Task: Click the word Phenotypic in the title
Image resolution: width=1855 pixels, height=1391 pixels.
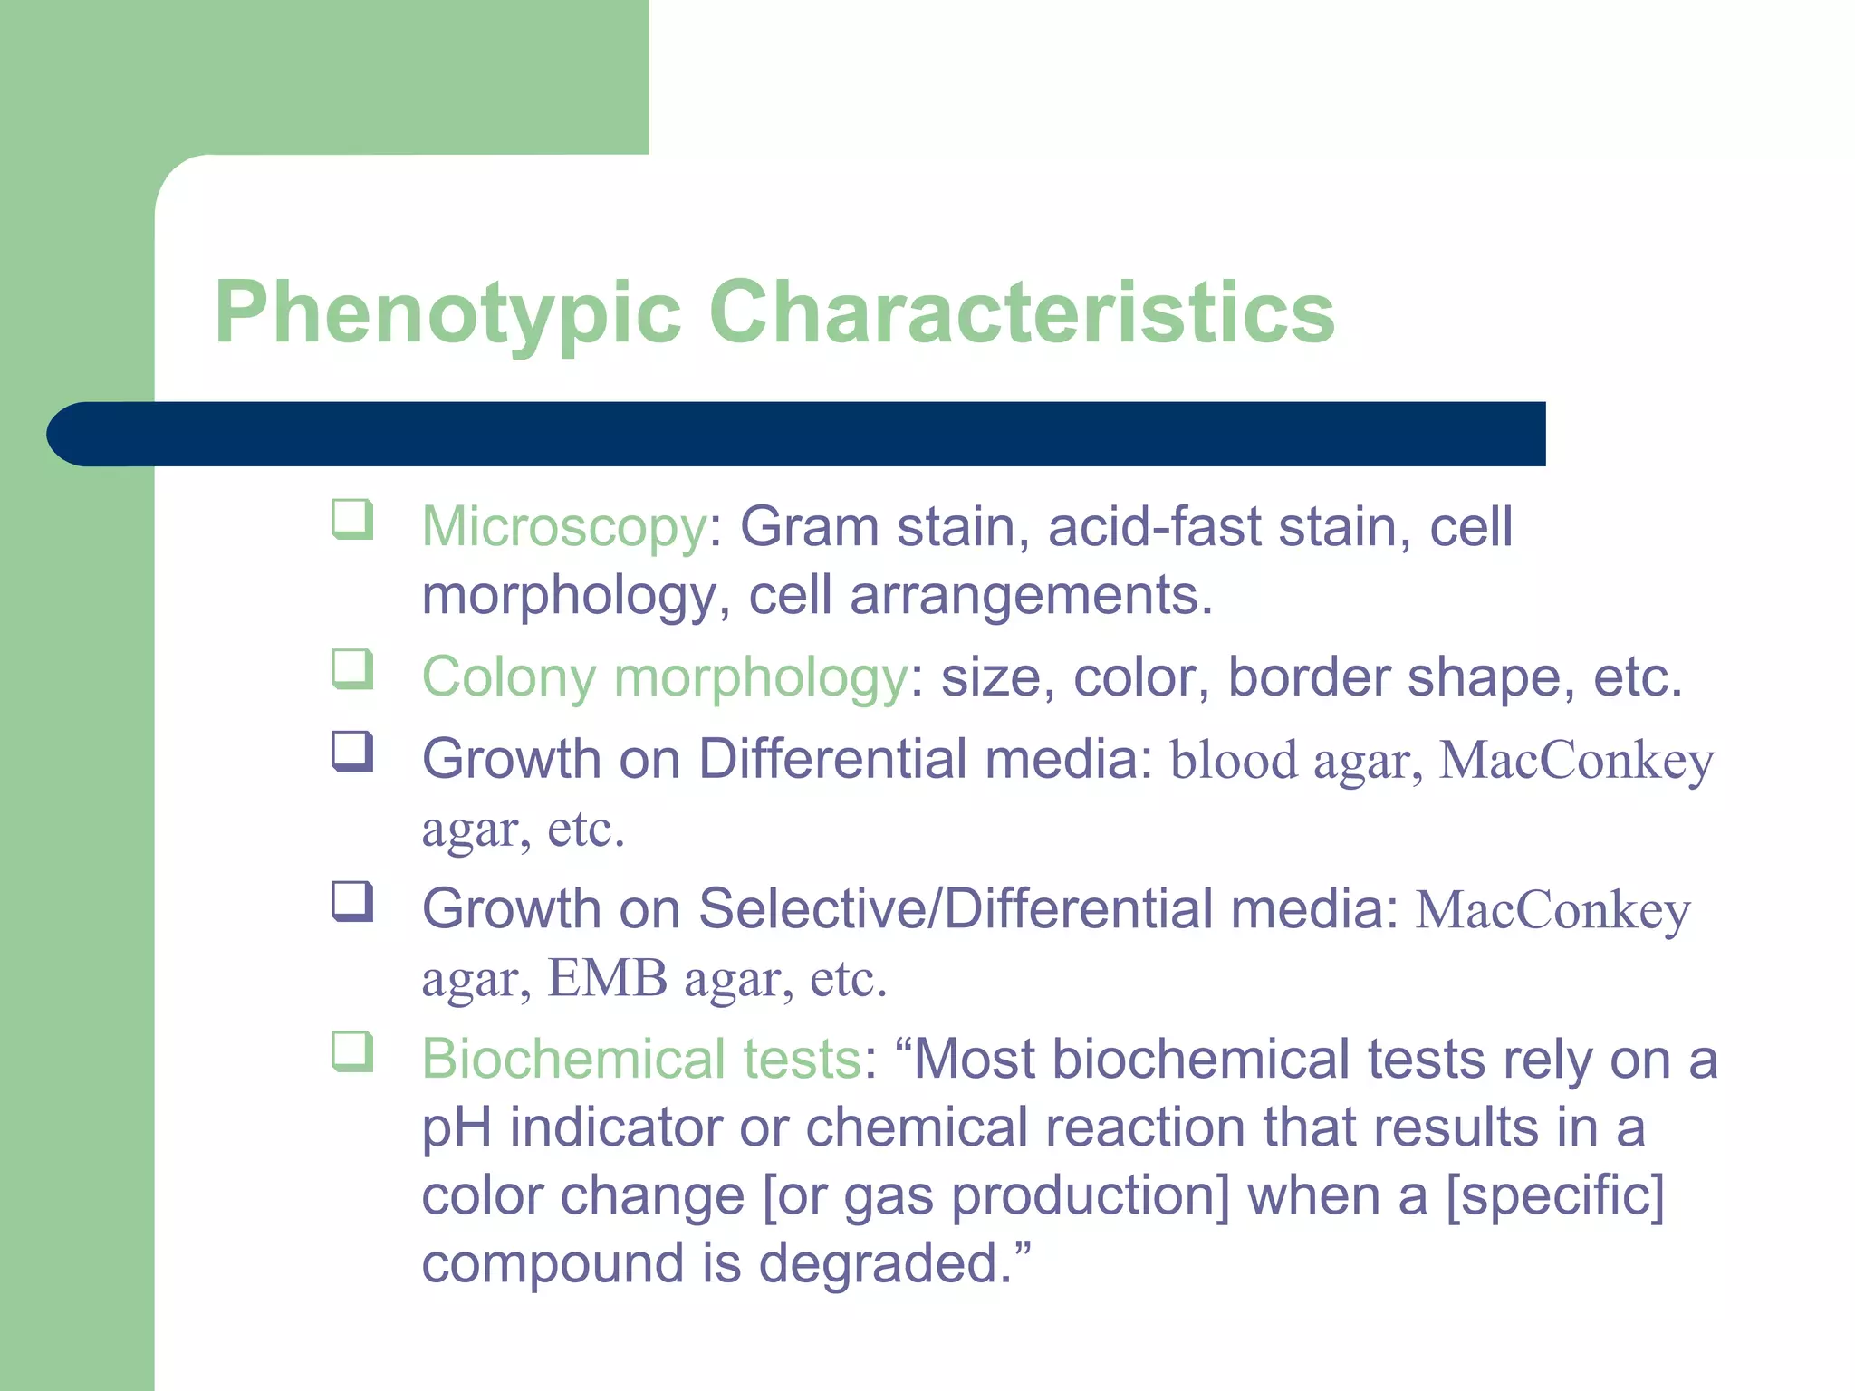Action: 447,313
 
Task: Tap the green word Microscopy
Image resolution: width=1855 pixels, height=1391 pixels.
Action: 564,527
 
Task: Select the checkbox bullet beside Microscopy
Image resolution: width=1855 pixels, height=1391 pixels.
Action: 352,519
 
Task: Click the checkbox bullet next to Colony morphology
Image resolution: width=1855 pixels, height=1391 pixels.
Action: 352,669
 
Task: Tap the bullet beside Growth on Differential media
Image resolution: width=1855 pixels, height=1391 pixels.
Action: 352,751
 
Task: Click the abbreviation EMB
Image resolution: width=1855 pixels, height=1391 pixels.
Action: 608,978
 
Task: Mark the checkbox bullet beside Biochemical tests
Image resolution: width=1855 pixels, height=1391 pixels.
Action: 352,1051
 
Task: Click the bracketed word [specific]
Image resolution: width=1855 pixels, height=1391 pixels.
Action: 1555,1195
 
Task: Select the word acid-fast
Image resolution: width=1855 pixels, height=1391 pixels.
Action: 1155,527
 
